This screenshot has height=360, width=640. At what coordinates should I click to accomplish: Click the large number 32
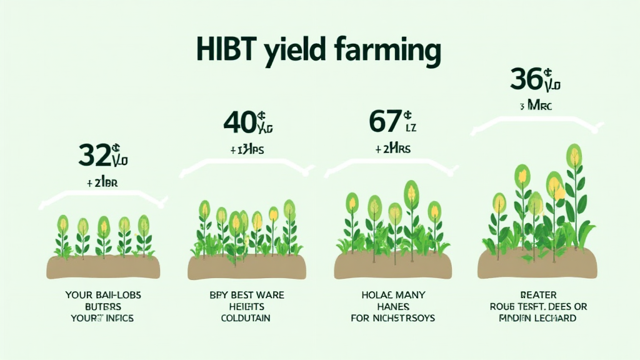pos(95,154)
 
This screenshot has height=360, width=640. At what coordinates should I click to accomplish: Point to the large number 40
pos(239,121)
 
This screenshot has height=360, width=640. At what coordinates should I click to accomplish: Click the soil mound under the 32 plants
pos(103,266)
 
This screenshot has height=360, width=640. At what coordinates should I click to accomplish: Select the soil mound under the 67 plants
pos(392,266)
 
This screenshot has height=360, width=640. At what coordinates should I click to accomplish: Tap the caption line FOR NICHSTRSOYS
pos(392,318)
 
